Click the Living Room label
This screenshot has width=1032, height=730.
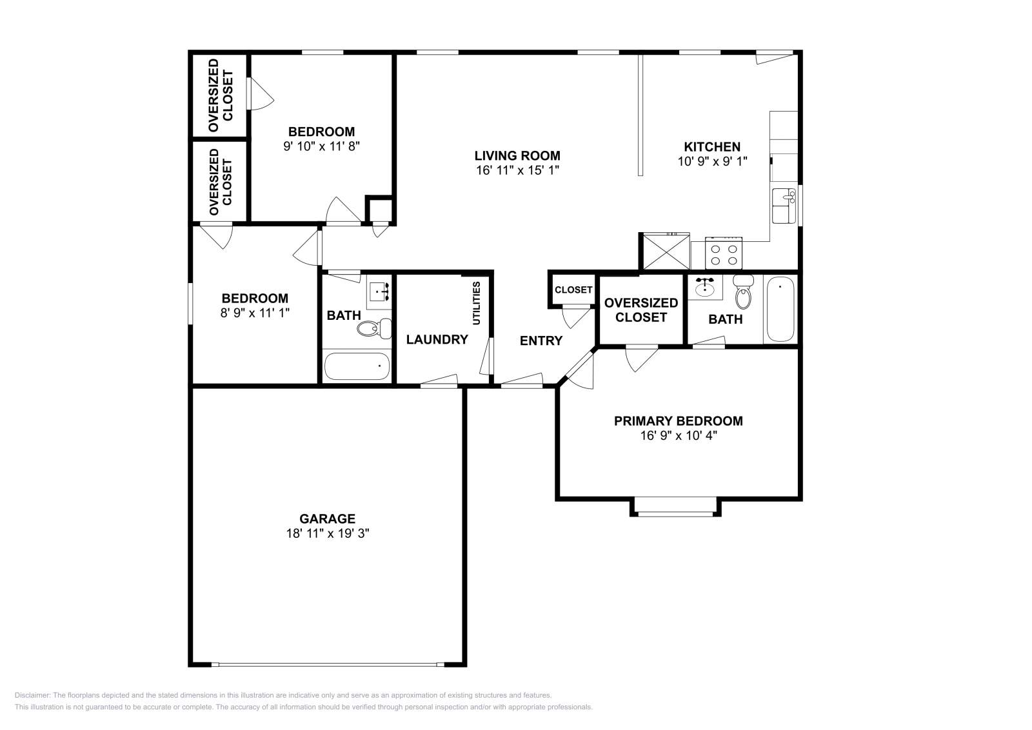517,155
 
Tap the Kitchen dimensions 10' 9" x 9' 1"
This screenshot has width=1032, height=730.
712,162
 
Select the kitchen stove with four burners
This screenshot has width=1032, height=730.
723,253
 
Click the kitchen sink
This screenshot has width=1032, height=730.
784,206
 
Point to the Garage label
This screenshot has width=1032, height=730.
327,518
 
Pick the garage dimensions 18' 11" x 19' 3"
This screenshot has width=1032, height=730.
328,533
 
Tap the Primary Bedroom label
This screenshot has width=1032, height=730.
678,421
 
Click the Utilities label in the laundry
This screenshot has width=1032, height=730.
477,303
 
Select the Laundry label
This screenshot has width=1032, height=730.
437,339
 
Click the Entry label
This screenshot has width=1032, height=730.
541,341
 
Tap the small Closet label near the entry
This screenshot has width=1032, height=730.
573,290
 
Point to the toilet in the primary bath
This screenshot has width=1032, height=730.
743,291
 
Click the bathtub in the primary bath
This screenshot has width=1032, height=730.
780,309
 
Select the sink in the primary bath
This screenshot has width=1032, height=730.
705,287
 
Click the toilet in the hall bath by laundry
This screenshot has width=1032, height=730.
374,328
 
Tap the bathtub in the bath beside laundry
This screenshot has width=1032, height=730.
357,366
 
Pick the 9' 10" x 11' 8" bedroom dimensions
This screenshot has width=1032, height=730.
321,146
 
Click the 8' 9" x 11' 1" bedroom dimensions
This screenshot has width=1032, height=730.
255,313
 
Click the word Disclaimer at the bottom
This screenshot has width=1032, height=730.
32,695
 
